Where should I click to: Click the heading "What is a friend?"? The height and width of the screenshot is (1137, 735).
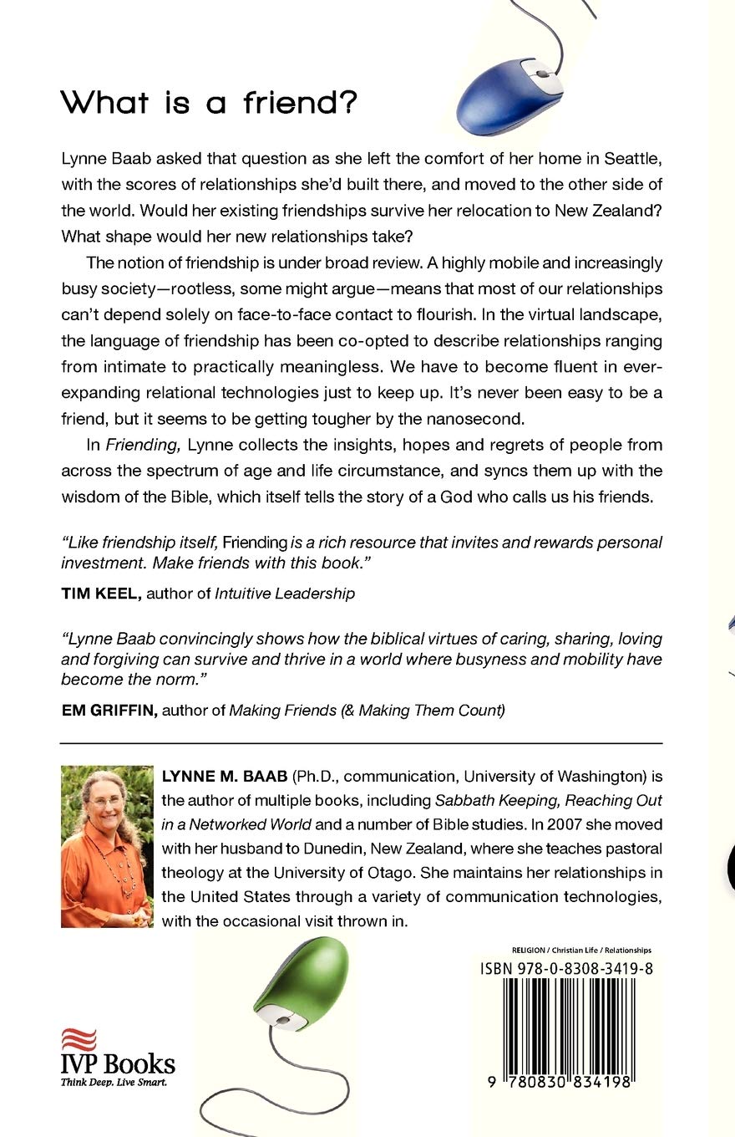210,103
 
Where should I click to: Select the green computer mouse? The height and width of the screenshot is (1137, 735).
301,977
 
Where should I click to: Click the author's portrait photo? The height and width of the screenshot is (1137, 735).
106,846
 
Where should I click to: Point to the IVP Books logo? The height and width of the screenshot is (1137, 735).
117,1056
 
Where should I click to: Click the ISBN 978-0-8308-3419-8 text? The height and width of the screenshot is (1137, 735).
566,968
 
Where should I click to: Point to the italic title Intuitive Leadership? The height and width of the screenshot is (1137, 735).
285,594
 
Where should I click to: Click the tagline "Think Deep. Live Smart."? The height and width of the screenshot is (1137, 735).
114,1082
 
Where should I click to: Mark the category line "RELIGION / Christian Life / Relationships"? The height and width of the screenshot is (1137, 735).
580,950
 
